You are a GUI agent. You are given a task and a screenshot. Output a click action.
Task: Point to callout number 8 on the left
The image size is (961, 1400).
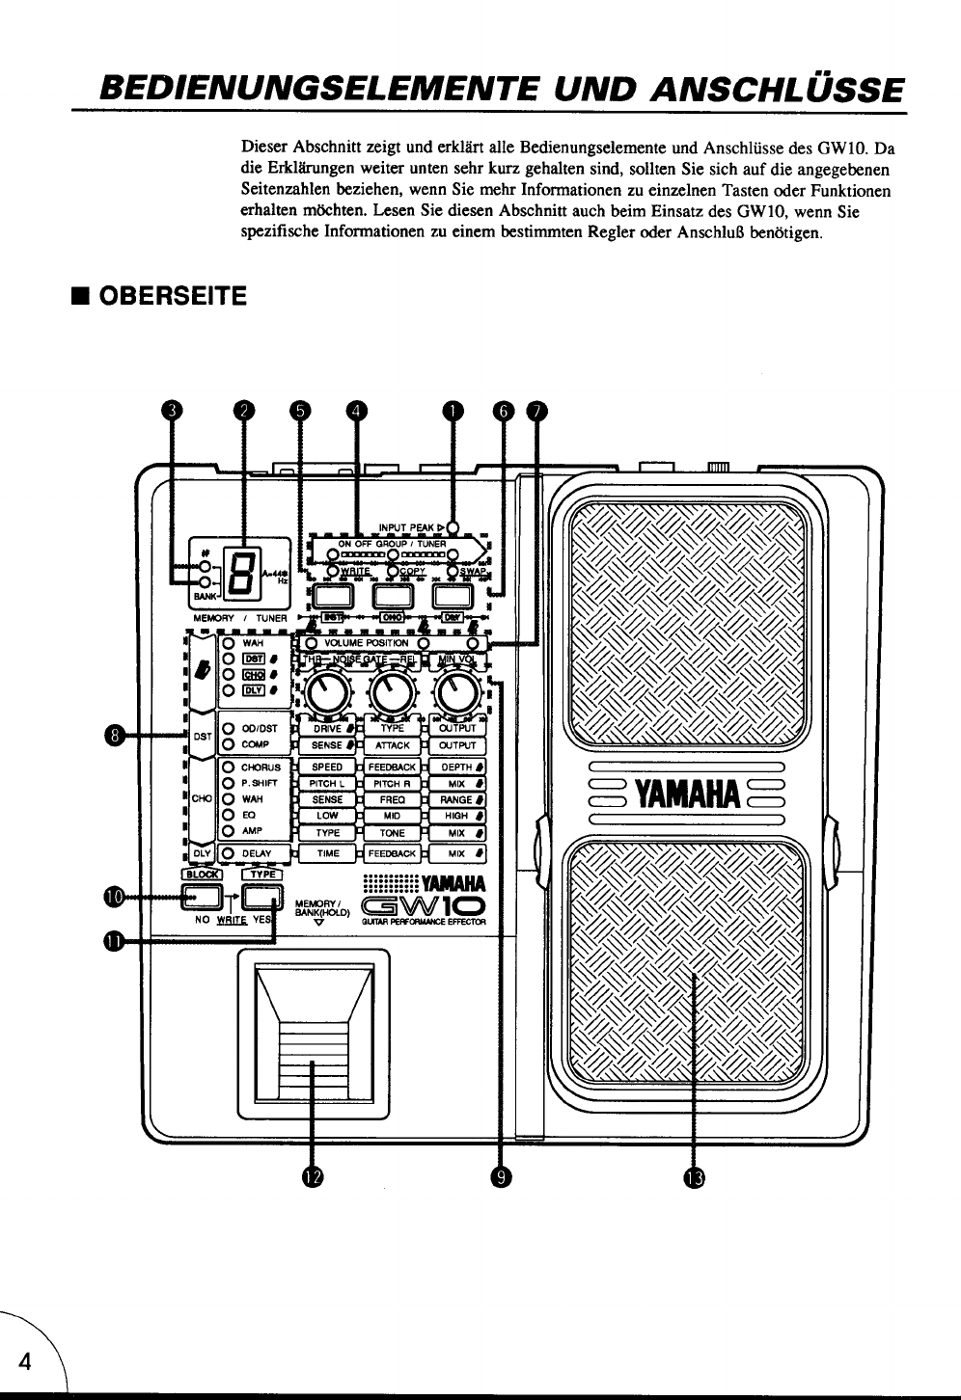tap(116, 737)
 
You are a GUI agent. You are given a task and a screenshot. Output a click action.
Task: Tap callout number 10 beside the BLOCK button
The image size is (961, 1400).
tap(114, 896)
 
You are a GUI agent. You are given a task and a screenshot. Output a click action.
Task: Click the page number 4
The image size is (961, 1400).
tap(27, 1360)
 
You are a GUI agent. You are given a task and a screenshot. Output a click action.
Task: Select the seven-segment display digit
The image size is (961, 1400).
tap(238, 569)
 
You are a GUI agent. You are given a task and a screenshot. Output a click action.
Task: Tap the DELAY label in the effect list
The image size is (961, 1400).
tap(256, 853)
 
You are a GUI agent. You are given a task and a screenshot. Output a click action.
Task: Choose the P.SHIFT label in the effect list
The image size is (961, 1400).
tap(259, 784)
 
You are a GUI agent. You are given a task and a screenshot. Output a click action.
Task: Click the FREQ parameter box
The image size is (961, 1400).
tap(392, 800)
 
